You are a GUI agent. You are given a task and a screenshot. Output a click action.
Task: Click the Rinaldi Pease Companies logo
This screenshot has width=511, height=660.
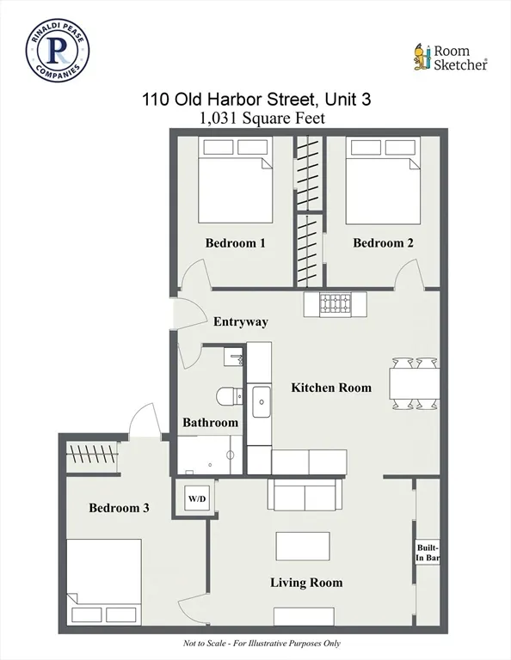click(x=58, y=52)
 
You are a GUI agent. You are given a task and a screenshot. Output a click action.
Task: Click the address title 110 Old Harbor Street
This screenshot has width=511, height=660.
click(x=256, y=99)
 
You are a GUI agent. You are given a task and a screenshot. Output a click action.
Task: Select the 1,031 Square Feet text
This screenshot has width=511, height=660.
click(x=262, y=119)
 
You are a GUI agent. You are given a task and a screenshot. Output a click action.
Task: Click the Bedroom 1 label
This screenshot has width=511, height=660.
click(x=235, y=243)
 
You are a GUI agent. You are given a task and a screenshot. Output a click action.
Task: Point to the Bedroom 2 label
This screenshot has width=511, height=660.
click(x=383, y=243)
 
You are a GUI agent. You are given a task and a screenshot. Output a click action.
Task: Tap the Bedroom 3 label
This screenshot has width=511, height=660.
click(x=119, y=508)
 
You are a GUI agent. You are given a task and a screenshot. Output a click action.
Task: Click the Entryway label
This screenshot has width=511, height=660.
click(x=241, y=322)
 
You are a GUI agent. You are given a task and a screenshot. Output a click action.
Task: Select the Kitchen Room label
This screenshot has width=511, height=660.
click(x=331, y=388)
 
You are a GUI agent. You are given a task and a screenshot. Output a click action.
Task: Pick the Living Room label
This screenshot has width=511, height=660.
click(x=306, y=583)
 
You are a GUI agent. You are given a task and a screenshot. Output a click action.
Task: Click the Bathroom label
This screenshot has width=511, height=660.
click(x=210, y=423)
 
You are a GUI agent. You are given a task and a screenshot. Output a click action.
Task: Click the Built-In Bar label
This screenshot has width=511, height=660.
click(x=428, y=553)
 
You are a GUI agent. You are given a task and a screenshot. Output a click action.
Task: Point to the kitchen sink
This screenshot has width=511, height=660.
click(x=259, y=398)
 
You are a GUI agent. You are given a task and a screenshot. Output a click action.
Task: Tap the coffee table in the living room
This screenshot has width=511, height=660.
click(x=302, y=546)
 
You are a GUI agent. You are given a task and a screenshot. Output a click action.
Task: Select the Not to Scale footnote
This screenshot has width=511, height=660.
click(x=255, y=644)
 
